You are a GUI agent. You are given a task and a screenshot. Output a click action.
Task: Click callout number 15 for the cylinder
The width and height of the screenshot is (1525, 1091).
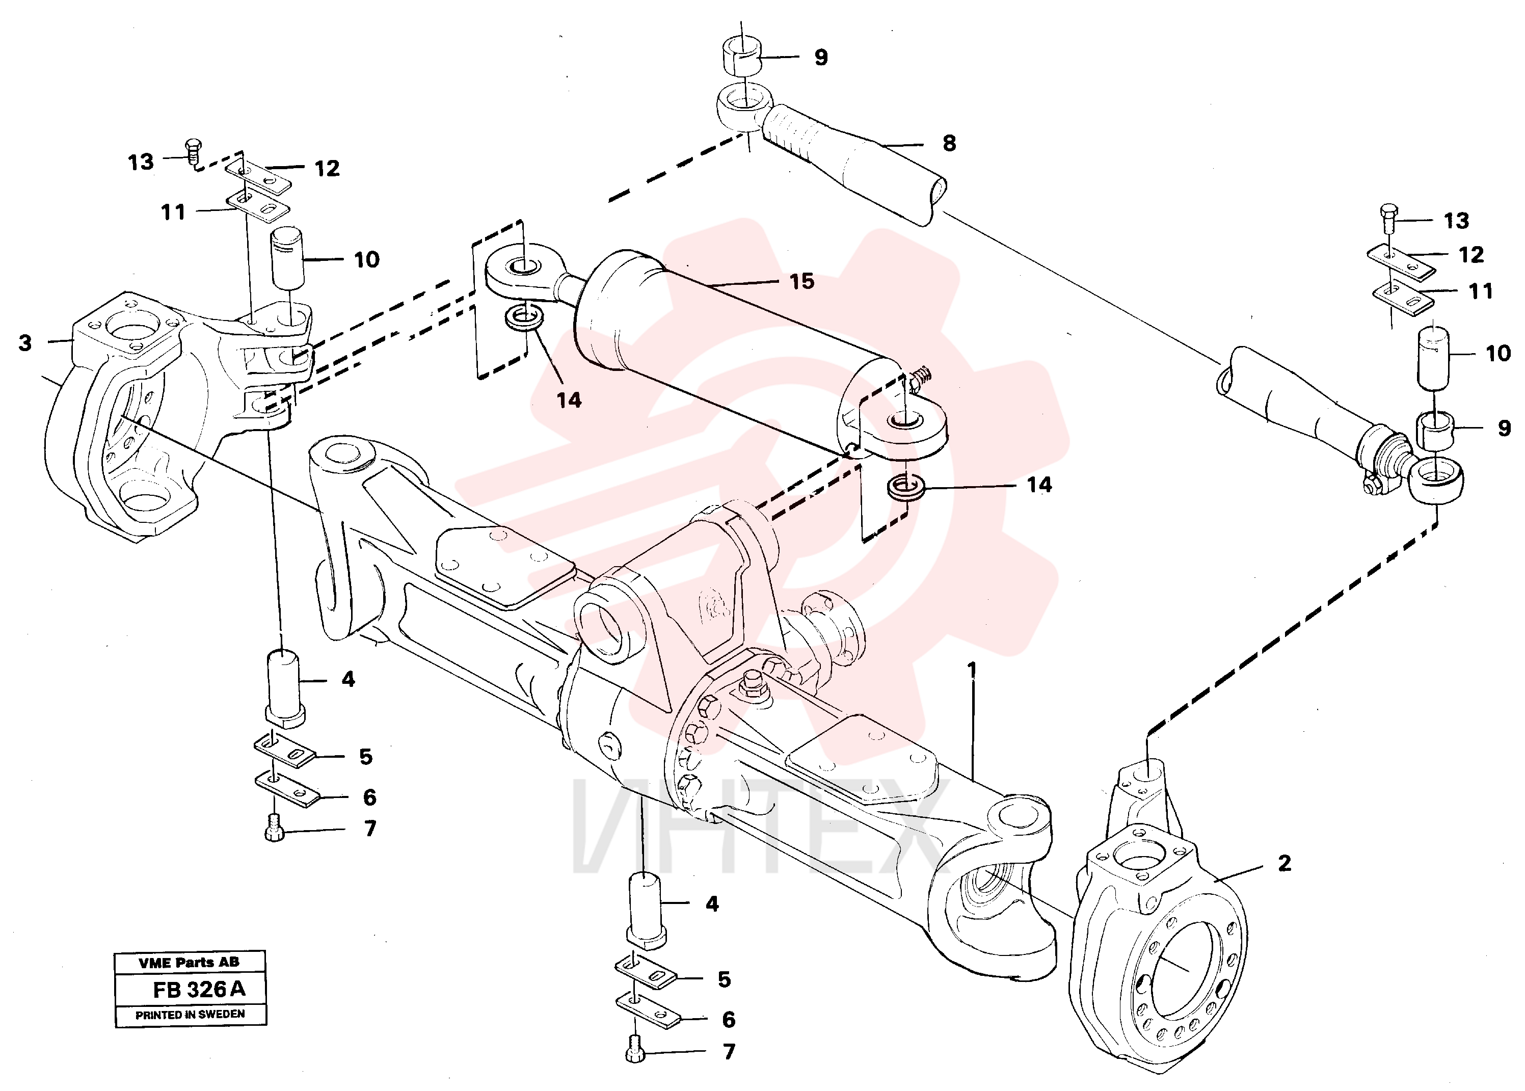point(801,281)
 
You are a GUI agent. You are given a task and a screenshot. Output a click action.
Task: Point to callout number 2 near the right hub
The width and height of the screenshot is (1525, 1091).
point(1284,863)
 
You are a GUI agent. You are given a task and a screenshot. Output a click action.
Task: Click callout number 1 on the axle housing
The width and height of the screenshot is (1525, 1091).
point(972,670)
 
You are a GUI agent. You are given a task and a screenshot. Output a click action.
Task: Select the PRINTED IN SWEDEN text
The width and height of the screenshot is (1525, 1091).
point(190,1015)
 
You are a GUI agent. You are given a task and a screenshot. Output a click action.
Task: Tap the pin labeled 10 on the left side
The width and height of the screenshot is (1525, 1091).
point(287,257)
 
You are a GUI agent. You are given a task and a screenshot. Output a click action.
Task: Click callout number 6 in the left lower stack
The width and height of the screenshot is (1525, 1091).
point(369,797)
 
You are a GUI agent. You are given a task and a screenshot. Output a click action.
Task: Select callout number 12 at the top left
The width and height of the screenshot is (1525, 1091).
point(327,168)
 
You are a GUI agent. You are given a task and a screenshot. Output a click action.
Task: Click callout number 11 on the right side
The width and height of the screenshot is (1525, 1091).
point(1480,291)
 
